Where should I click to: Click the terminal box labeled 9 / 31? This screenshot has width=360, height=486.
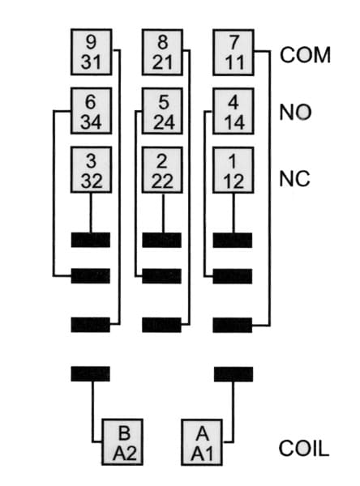coord(92,52)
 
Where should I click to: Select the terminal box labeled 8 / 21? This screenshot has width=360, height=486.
coord(162,52)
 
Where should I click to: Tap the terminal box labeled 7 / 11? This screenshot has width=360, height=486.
coord(234,53)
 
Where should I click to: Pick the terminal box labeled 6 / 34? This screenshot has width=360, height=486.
coord(92,111)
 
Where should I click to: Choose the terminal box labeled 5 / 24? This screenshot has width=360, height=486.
coord(162,111)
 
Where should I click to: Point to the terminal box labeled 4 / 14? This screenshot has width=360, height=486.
coord(234,111)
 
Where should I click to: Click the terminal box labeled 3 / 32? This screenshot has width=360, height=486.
coord(92,170)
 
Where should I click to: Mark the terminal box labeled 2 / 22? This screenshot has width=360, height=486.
coord(162,170)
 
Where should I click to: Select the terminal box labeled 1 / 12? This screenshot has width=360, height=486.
coord(234,170)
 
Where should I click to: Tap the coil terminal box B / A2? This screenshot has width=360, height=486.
coord(122,442)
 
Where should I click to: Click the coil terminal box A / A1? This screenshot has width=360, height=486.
coord(202,442)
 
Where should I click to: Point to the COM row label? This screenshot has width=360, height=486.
coord(305,55)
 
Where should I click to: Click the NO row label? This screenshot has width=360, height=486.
coord(295,112)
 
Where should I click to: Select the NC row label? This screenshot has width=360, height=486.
coord(294,178)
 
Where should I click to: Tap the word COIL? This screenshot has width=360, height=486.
coord(304,448)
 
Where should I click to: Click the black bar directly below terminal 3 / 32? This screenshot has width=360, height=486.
coord(91,240)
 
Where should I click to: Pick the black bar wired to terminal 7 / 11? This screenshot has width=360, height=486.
coord(233,325)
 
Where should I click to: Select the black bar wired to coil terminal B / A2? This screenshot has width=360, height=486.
coord(91,373)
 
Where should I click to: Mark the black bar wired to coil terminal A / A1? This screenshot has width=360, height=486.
coord(234,374)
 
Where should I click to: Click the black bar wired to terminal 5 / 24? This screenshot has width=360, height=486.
coord(161,276)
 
